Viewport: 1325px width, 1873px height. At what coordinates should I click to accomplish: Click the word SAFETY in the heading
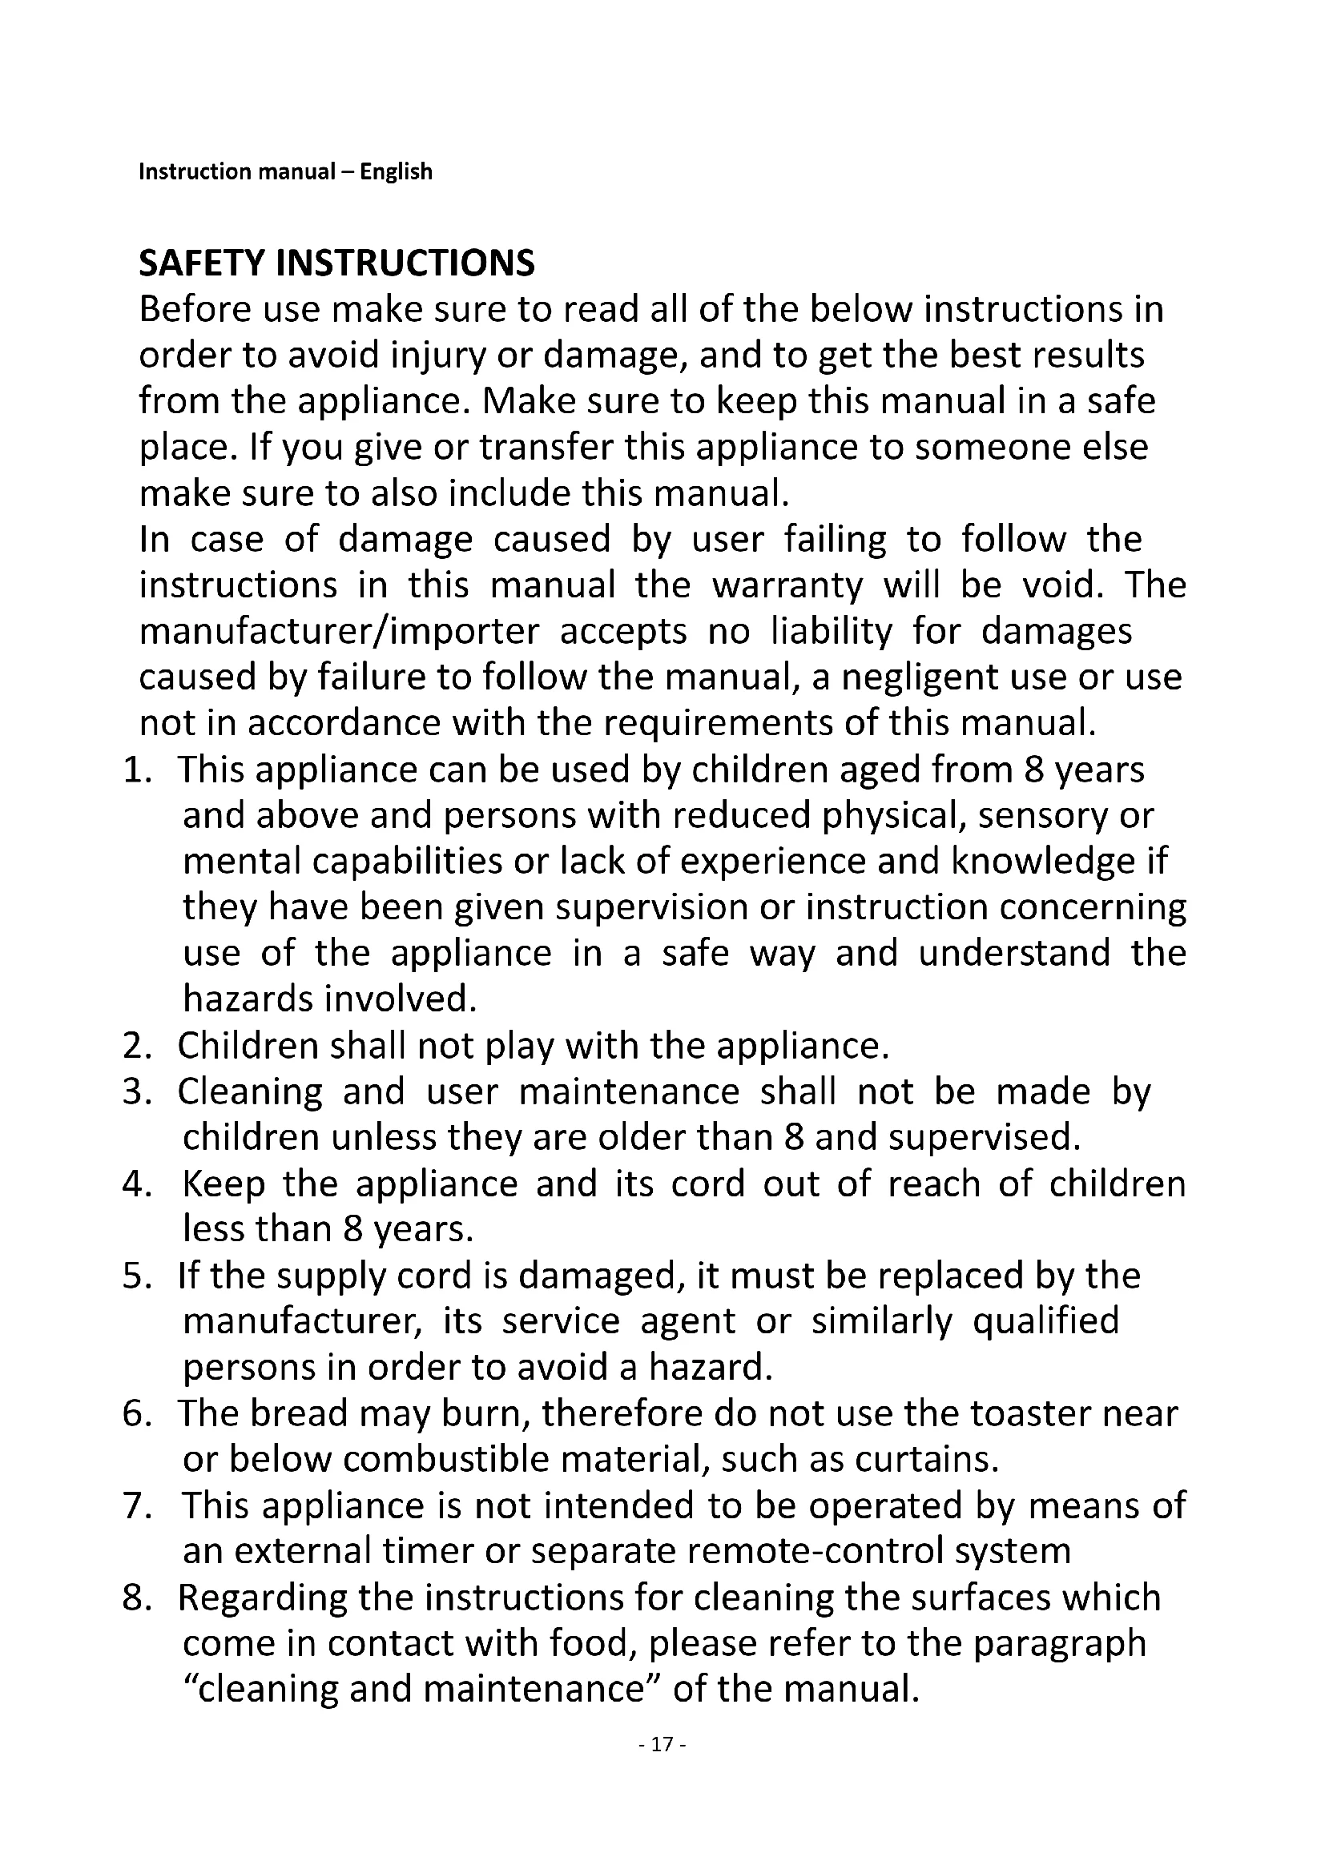point(203,263)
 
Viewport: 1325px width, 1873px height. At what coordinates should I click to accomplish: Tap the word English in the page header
point(396,172)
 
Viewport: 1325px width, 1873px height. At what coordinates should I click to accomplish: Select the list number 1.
point(135,770)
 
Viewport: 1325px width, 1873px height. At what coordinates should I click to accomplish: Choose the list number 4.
point(135,1184)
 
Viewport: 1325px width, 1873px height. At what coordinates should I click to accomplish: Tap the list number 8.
point(135,1598)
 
